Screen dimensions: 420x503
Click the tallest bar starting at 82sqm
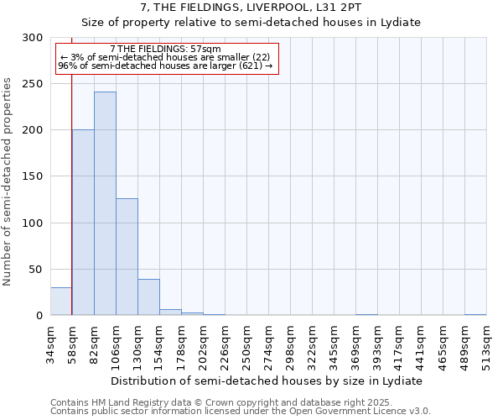point(105,203)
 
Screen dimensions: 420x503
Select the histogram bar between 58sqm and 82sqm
point(83,223)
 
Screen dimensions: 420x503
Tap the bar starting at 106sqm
point(127,257)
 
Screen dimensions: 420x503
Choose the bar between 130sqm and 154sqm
point(148,297)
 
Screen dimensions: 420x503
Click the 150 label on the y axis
point(34,176)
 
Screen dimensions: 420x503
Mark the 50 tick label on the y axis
point(37,269)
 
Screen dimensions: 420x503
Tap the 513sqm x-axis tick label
point(487,344)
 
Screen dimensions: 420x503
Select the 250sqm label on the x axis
point(247,344)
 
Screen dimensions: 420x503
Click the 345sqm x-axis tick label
point(334,344)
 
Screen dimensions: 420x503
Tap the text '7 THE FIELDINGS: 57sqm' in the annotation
point(165,50)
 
